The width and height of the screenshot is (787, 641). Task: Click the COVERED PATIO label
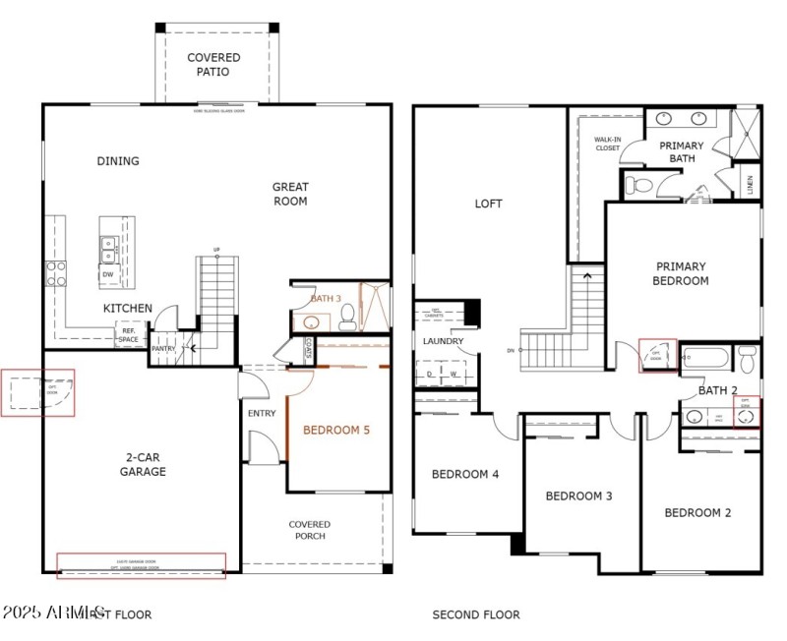213,65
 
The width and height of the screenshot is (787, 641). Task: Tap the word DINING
117,161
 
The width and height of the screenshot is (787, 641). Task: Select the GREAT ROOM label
290,194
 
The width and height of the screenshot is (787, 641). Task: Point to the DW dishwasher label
106,274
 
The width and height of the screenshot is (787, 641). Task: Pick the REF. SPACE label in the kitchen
129,334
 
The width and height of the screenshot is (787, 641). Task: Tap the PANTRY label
162,349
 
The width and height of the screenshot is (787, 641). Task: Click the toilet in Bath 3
346,317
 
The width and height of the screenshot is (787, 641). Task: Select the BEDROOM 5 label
335,430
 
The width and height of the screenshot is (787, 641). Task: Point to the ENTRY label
262,413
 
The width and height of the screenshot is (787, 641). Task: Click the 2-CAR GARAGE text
145,464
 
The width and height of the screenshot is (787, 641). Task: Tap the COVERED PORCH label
310,530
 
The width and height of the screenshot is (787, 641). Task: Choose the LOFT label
488,204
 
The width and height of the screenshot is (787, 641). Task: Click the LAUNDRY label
443,341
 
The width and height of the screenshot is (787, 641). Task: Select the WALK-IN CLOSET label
607,144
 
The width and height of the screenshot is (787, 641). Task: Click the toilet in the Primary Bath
641,186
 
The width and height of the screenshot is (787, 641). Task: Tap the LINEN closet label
750,184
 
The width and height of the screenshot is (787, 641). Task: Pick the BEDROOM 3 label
579,495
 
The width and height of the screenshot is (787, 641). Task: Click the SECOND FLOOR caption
476,614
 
